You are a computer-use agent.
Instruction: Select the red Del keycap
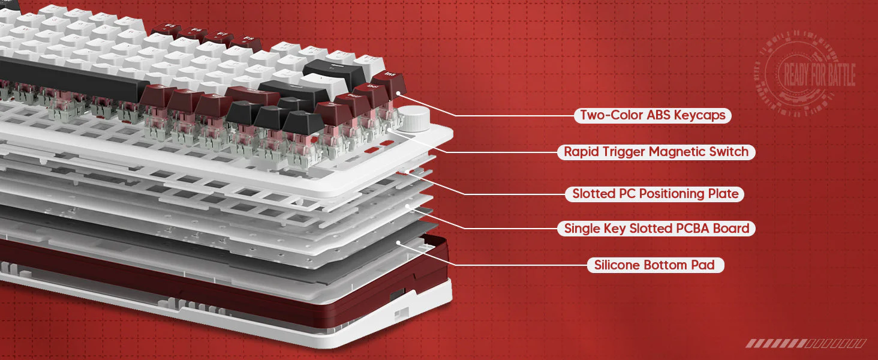coord(370,92)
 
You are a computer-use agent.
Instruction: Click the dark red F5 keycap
coord(166,29)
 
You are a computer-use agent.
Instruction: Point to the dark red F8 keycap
coord(246,42)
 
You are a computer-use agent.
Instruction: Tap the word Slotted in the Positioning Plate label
coord(594,194)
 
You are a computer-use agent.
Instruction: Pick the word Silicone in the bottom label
coord(617,265)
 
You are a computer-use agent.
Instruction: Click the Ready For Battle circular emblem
coord(806,74)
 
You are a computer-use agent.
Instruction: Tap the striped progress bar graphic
coord(806,344)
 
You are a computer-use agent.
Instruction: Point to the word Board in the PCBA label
coord(731,228)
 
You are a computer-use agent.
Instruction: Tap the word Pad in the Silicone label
coord(703,265)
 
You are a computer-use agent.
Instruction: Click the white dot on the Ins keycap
coord(398,93)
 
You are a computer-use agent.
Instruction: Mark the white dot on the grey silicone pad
coord(398,243)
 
